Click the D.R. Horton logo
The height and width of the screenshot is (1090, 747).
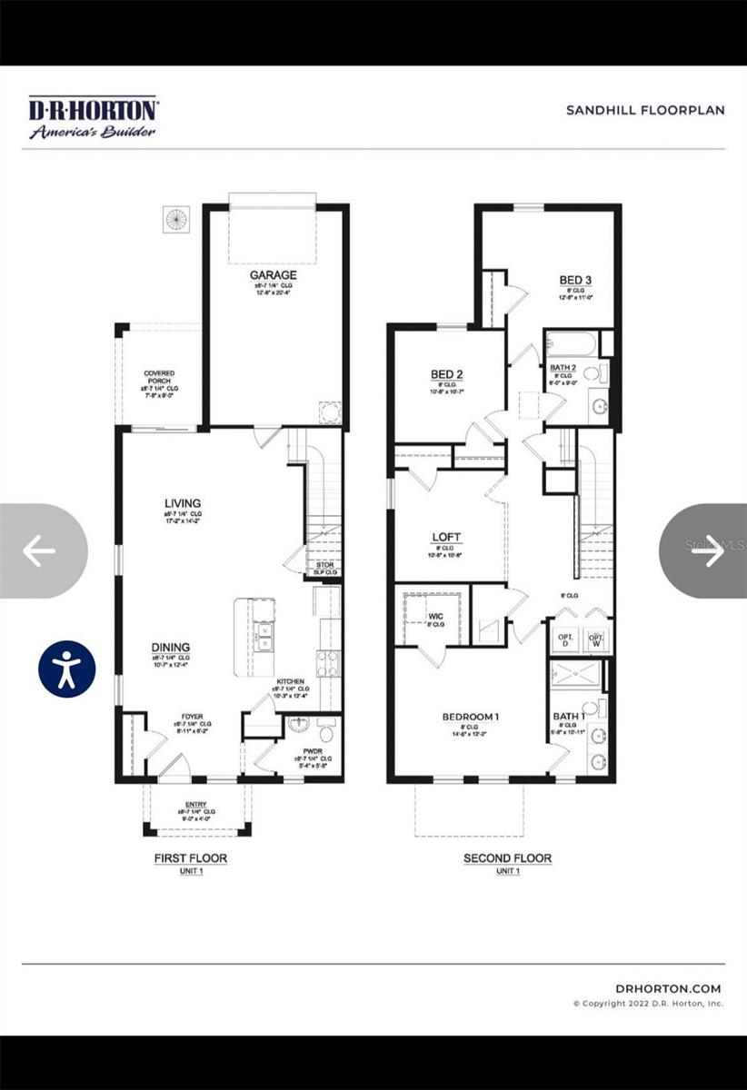pyautogui.click(x=94, y=118)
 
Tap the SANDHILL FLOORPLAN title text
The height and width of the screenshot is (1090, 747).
pyautogui.click(x=645, y=110)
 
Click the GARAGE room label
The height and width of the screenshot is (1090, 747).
pyautogui.click(x=274, y=274)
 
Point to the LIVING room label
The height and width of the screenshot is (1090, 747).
pyautogui.click(x=183, y=503)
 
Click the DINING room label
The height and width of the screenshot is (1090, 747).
pyautogui.click(x=171, y=648)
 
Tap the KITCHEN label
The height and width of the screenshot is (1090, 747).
pyautogui.click(x=291, y=681)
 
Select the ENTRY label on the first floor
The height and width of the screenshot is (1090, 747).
pyautogui.click(x=195, y=804)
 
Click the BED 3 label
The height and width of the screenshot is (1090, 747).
pyautogui.click(x=575, y=280)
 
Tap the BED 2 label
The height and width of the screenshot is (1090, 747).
pyautogui.click(x=447, y=374)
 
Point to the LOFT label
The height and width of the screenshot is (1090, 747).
pyautogui.click(x=447, y=537)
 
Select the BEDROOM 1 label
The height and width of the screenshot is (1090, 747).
pyautogui.click(x=471, y=717)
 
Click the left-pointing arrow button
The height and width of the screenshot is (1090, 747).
pyautogui.click(x=38, y=550)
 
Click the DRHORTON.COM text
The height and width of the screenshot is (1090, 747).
pyautogui.click(x=667, y=988)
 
